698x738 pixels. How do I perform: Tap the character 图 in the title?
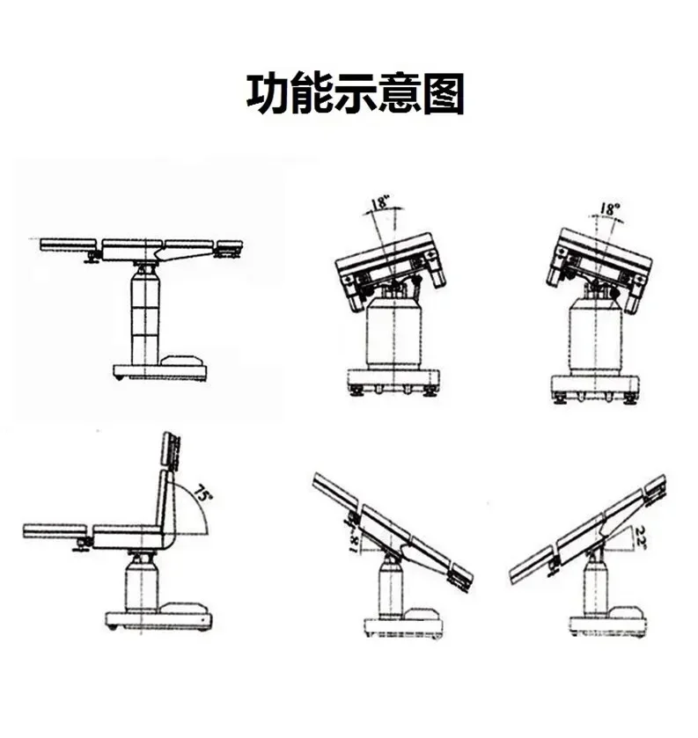[x=443, y=94]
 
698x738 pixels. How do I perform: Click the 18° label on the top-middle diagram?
[x=379, y=203]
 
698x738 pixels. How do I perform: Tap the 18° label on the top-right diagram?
[x=608, y=209]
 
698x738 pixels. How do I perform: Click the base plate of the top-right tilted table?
[x=594, y=387]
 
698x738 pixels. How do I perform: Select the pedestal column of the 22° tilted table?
[x=598, y=584]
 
